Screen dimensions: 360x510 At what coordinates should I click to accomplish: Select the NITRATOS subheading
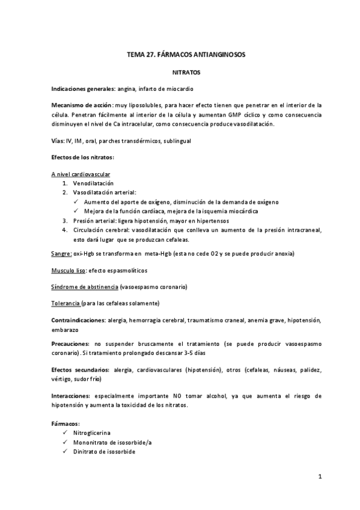pos(186,72)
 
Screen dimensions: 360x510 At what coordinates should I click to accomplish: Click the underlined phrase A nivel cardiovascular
pos(81,174)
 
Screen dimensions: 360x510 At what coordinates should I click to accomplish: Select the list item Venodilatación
pos(93,183)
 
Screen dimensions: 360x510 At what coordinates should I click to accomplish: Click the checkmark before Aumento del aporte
pos(78,202)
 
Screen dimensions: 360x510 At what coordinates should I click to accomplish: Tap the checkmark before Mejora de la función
pos(78,211)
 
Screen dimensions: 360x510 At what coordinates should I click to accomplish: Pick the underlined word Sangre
pos(61,254)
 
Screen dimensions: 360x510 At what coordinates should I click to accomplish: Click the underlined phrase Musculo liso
pos(69,271)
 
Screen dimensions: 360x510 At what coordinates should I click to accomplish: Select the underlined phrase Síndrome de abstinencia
pos(85,287)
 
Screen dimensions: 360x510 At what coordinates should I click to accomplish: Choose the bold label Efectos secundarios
pos(80,370)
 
